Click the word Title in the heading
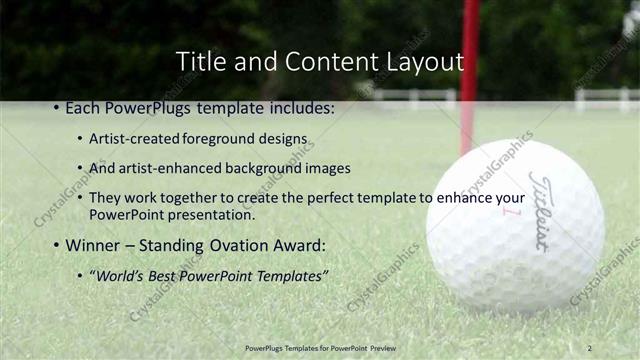coord(198,62)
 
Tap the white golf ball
coord(514,225)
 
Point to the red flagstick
coord(469,70)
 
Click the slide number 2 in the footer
coord(590,347)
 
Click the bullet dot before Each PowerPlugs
coord(55,106)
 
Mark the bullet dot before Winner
coord(55,244)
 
